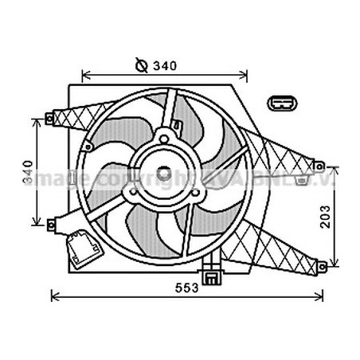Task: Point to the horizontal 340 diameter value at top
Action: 166,65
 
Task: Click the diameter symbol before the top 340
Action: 143,65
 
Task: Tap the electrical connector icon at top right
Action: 282,104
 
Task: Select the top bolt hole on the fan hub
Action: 165,139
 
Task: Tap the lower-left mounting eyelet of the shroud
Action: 51,224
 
